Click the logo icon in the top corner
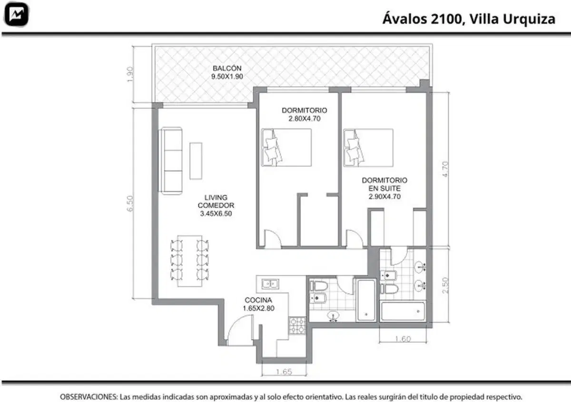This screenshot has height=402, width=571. (x=16, y=14)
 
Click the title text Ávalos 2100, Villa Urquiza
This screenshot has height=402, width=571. (x=469, y=19)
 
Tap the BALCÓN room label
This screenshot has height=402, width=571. (x=227, y=69)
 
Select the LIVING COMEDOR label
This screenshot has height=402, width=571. (x=216, y=201)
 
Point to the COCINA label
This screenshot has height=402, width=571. (x=258, y=300)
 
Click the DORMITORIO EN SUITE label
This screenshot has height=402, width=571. (x=384, y=184)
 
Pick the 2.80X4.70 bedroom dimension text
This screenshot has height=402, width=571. (x=305, y=118)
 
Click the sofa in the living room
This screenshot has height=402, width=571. (x=170, y=161)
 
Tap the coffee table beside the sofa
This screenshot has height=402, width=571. (x=196, y=161)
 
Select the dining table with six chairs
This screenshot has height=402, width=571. (x=190, y=261)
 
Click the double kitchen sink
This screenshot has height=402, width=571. (x=270, y=284)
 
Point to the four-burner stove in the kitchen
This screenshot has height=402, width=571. (x=297, y=325)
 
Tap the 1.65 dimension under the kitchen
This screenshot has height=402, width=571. (x=284, y=372)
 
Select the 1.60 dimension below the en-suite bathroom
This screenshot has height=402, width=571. (x=403, y=339)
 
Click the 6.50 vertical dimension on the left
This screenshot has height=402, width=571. (x=130, y=204)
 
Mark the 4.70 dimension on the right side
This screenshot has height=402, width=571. (x=445, y=169)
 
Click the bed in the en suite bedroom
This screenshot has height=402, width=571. (x=368, y=148)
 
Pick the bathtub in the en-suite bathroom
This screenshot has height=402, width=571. (x=403, y=312)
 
